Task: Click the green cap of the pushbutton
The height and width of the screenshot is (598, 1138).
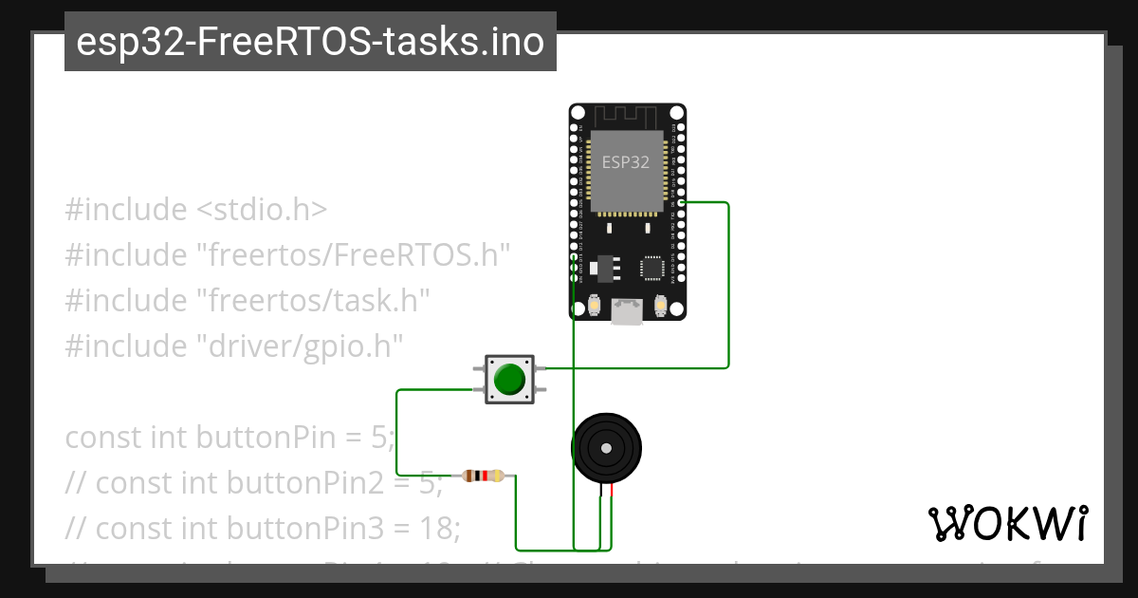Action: point(510,379)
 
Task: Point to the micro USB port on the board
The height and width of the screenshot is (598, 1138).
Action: point(627,310)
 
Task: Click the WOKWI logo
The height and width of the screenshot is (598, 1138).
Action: point(1007,523)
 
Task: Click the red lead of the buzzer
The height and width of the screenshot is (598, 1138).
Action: point(612,490)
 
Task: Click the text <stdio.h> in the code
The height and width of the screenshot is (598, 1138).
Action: point(262,209)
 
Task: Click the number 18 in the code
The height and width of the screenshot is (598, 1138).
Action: point(439,528)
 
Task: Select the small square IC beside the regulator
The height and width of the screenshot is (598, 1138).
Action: point(652,268)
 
